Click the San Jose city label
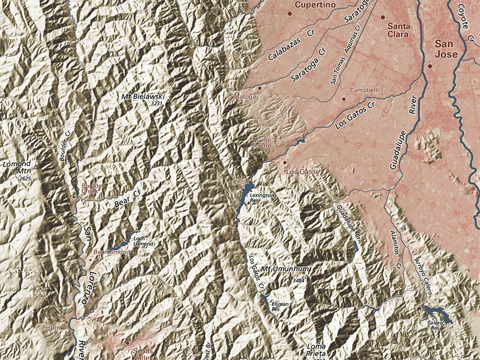pos(445,49)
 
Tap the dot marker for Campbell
pos(344,99)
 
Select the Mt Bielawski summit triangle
pos(168,101)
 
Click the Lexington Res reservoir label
pos(261,197)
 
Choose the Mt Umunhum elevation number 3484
pos(298,280)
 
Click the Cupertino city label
pos(315,5)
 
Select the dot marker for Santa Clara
pos(382,17)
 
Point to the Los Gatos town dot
pos(285,163)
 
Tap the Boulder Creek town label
pos(93,188)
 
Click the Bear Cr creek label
pos(127,201)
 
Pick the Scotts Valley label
pos(142,353)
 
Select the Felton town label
pos(52,327)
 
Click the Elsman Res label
pos(280,307)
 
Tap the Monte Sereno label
pos(262,143)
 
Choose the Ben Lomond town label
pos(112,252)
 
